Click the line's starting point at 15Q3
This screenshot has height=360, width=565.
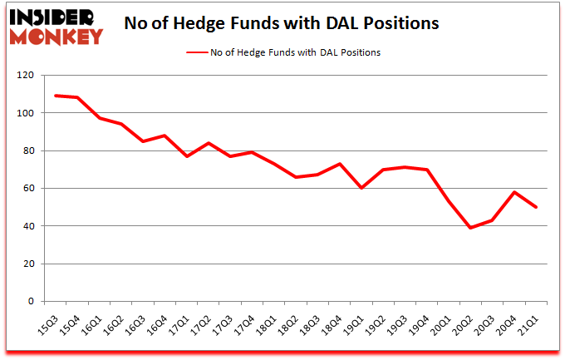tap(56, 96)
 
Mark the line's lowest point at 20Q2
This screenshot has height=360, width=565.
tap(470, 228)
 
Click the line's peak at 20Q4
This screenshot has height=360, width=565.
tap(514, 192)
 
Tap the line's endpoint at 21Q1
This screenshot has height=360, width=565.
tap(536, 207)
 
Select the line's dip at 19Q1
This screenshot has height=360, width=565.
tap(361, 188)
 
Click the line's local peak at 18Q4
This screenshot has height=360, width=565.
tap(339, 164)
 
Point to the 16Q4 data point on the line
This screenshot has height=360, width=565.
tap(165, 136)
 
